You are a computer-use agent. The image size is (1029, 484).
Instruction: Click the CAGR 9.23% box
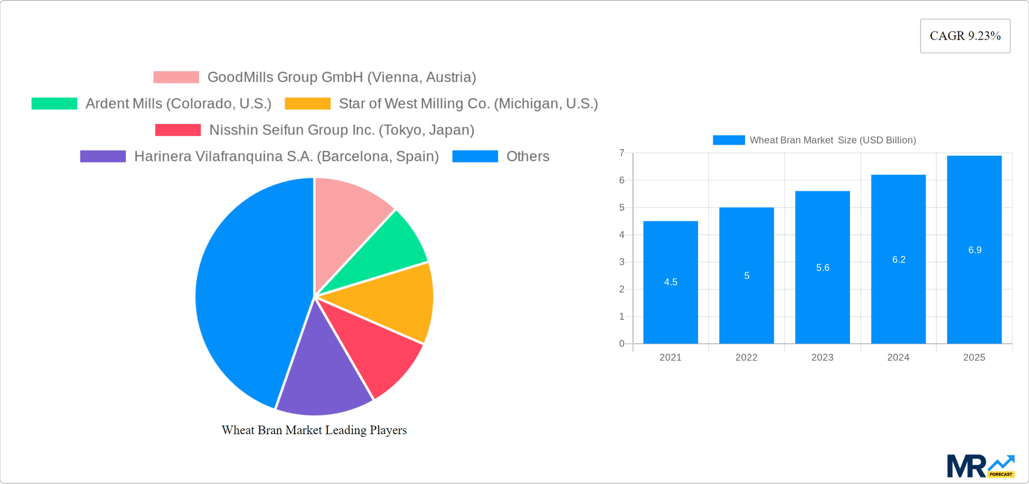coord(965,36)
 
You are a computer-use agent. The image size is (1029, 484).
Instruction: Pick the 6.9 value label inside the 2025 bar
coord(974,250)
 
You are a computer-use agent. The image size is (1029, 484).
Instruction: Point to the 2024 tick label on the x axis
coord(898,358)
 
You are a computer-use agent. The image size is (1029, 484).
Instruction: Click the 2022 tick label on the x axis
coord(746,358)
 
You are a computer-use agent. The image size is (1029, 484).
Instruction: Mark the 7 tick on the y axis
coord(622,153)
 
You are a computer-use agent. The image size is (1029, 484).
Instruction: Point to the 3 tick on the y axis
coord(622,262)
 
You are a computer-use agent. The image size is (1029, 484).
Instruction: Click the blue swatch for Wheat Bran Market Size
coord(728,140)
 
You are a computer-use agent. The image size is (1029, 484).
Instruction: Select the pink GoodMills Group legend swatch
coord(176,77)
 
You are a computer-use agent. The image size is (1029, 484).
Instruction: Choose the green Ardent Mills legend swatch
coord(54,103)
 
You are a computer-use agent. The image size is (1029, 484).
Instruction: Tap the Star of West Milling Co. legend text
coord(468,103)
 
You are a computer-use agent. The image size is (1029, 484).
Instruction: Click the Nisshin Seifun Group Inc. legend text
coord(341,130)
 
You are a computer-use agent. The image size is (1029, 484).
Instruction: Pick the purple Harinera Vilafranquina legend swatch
coord(103,156)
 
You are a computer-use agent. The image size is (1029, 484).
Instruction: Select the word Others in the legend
coord(527,156)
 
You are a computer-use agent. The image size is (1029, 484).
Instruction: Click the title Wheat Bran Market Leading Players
coord(314,430)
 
